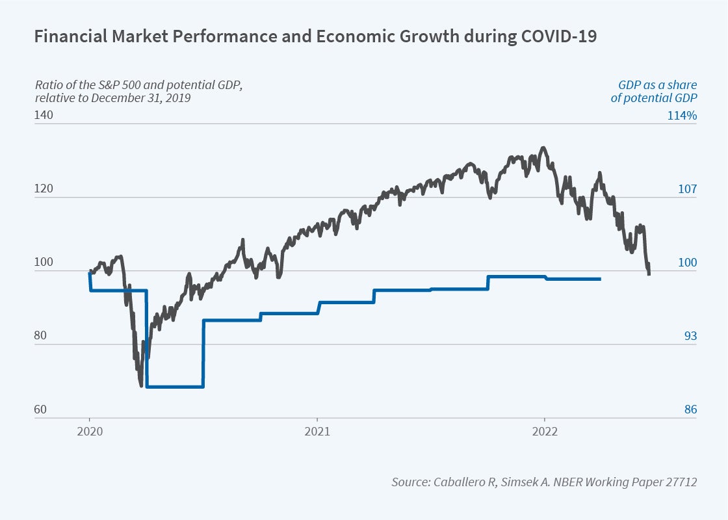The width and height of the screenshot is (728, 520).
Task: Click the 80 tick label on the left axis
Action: pos(40,337)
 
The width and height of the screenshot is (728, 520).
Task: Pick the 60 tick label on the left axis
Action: pos(40,410)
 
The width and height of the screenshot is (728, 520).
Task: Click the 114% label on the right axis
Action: pos(682,116)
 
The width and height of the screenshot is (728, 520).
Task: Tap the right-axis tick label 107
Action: pos(686,189)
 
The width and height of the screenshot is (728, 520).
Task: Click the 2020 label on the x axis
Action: pos(90,431)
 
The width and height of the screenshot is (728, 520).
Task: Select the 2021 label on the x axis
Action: pos(317,431)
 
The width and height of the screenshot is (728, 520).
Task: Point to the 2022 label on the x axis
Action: pos(544,431)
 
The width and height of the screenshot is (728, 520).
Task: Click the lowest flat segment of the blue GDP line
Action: pos(175,387)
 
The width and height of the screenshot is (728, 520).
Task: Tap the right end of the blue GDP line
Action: pos(600,279)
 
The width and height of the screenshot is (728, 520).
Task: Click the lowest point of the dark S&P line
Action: pos(141,386)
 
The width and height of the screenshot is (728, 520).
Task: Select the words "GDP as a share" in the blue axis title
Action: pos(656,85)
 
